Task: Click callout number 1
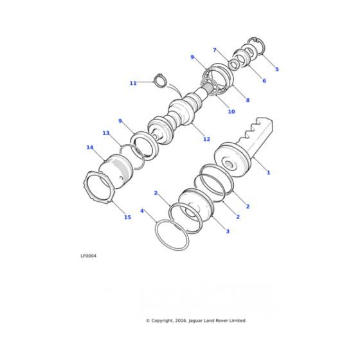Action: [x=268, y=172]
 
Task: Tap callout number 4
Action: [x=141, y=210]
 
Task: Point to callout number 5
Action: [x=276, y=69]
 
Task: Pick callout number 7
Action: [x=215, y=50]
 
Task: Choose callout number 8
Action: [x=248, y=100]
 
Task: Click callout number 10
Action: [x=231, y=112]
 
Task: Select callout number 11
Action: [x=133, y=83]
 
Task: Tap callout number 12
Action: [x=206, y=139]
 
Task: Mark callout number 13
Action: [x=106, y=133]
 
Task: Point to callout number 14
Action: [x=90, y=147]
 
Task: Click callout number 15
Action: [x=127, y=217]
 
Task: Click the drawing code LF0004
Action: [x=89, y=256]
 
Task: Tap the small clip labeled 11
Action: [x=161, y=80]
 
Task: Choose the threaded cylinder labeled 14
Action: [x=119, y=168]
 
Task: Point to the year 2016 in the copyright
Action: [x=178, y=320]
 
